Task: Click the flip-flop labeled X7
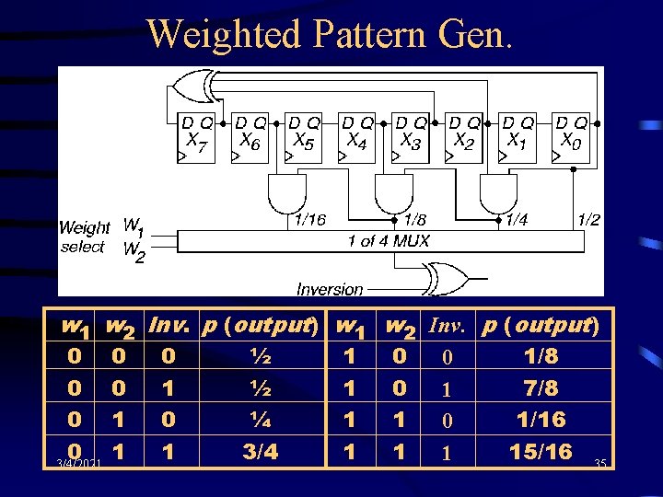196,139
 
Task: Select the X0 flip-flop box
572,139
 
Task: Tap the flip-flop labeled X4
357,139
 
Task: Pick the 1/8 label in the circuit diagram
415,220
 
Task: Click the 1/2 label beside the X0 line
588,219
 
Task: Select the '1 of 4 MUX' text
389,241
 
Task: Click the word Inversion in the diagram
330,289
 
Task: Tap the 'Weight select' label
84,237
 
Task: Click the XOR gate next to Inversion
447,277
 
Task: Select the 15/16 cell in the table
542,452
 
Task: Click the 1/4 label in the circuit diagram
517,220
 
